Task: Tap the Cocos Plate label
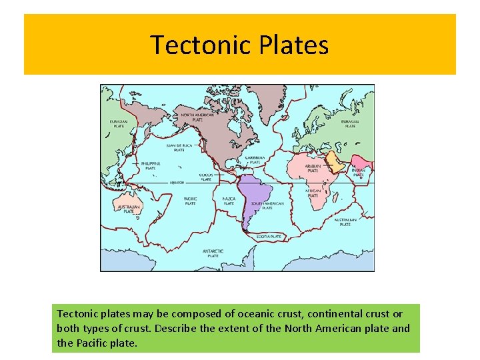pos(206,177)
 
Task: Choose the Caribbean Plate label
pos(254,159)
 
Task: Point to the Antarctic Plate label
pos(213,253)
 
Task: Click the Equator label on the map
pos(176,182)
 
